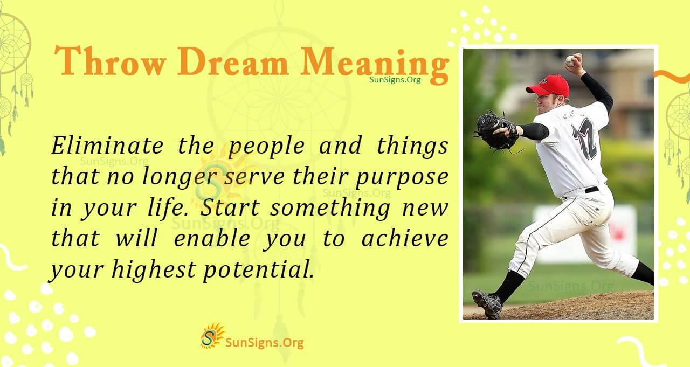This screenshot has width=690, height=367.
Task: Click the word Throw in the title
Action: (x=111, y=62)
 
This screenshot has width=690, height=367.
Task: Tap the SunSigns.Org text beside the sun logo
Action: (x=264, y=342)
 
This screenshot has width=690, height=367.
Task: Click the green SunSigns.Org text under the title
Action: (x=395, y=80)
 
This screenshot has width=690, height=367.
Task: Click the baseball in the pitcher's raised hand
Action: (x=570, y=61)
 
